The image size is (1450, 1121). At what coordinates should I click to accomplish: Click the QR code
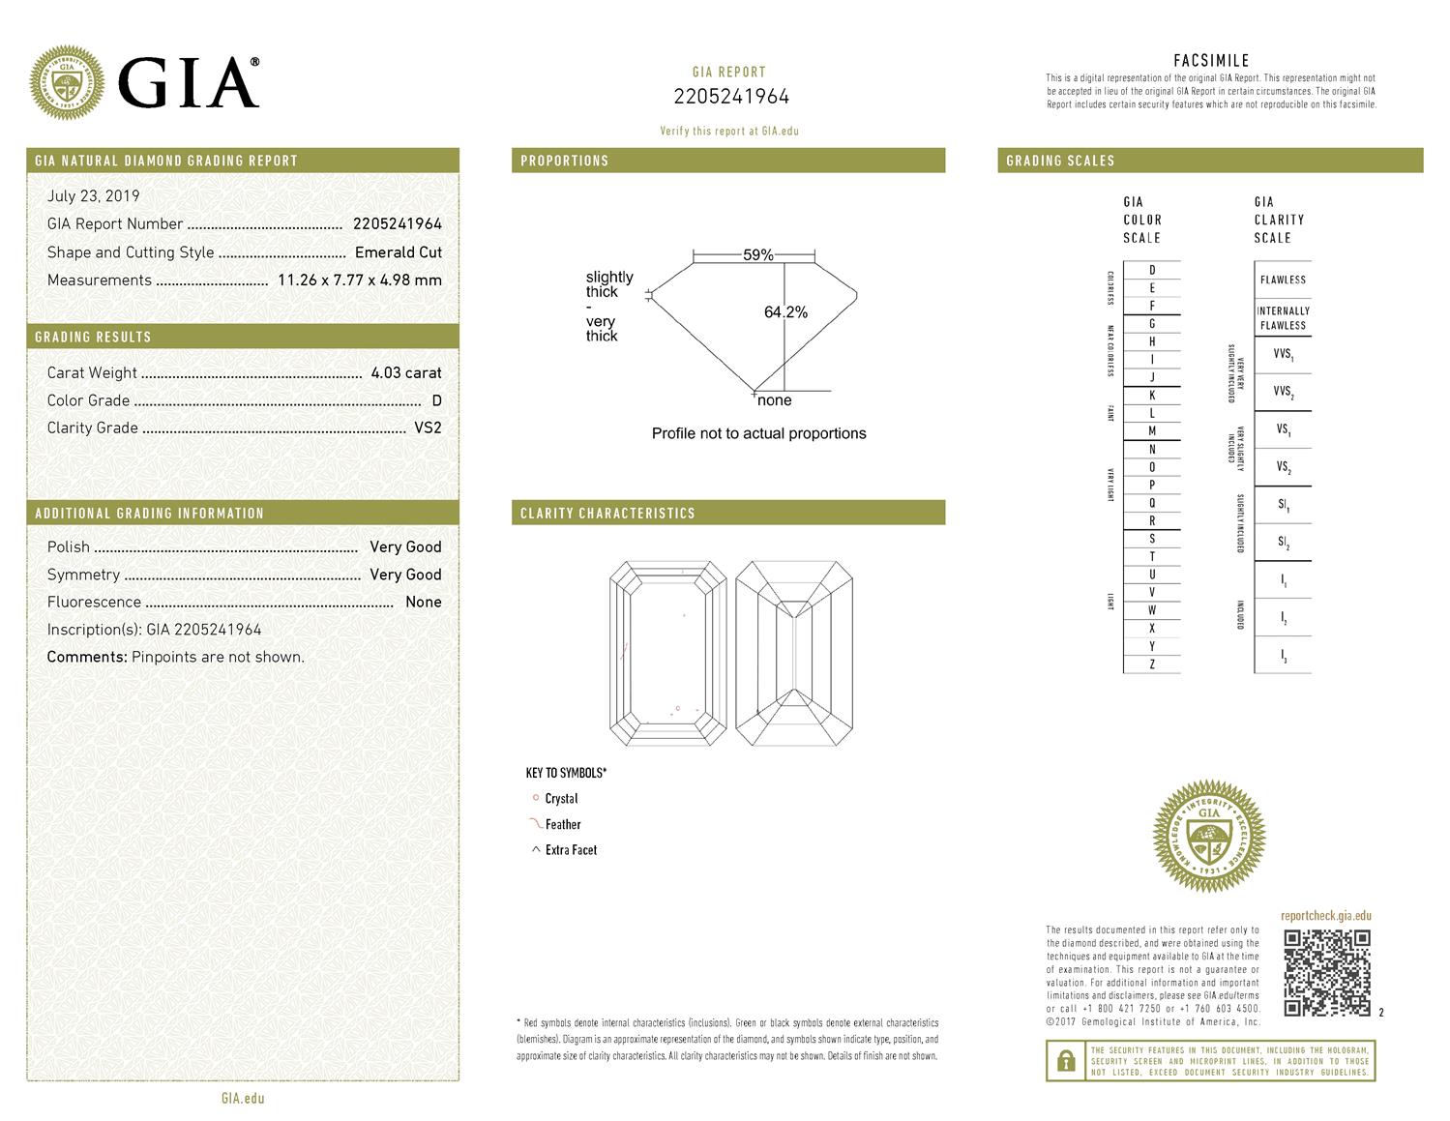[1326, 972]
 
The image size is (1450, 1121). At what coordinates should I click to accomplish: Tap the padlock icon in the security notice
[1066, 1061]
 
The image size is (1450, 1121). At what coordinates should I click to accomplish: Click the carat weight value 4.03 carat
[406, 372]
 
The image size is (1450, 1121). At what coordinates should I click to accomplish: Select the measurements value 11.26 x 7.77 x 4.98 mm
[359, 280]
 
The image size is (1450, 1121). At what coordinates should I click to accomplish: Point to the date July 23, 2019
[93, 195]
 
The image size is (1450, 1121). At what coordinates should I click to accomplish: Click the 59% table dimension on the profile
[758, 255]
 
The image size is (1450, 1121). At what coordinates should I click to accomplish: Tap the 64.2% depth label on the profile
[785, 312]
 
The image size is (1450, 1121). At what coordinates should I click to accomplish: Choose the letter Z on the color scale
[1152, 664]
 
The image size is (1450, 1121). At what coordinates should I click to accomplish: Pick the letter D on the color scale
[1152, 270]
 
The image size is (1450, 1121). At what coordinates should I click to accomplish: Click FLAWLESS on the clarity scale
[1283, 280]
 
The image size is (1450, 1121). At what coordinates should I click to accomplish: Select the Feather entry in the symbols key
[562, 824]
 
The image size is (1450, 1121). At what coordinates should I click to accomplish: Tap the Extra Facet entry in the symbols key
[571, 850]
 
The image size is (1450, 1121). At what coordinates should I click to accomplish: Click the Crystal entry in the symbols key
[561, 799]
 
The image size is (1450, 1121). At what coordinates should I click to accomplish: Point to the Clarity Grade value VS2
[428, 428]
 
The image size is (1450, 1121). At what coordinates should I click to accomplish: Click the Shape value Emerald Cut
[399, 252]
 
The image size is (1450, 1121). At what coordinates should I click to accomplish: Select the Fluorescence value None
[424, 602]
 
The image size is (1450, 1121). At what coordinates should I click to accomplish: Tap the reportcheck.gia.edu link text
[1325, 916]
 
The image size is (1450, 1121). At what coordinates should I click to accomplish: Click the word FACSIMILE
[1211, 61]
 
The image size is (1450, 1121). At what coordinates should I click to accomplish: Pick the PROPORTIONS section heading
[565, 161]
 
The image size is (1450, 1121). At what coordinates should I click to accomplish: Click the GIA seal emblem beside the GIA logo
[67, 83]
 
